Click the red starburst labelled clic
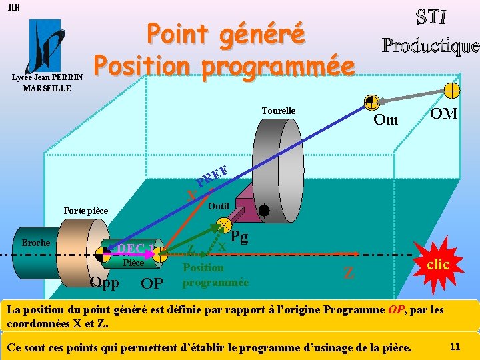pos(437,265)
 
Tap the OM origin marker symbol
pos(452,90)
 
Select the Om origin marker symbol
pos(372,102)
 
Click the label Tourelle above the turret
pos(279,111)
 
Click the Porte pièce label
pos(85,211)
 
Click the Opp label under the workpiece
pos(104,283)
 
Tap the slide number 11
pos(456,345)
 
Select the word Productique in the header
pos(430,45)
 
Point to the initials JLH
pos(13,7)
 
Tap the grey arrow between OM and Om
pos(412,96)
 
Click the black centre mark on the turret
pos(264,211)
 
